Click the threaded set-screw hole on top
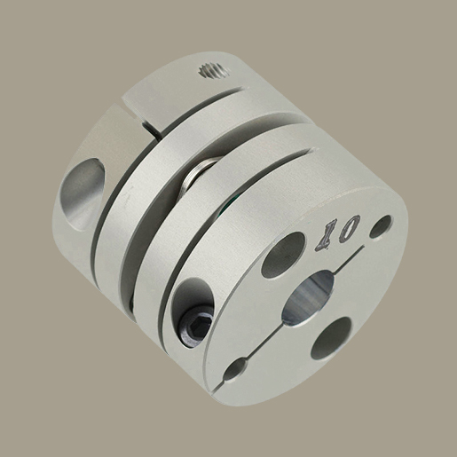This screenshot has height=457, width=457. point(214,71)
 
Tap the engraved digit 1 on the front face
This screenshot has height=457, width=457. point(326,236)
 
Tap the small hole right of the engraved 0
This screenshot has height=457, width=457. point(382,226)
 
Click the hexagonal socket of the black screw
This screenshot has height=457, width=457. point(198,323)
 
